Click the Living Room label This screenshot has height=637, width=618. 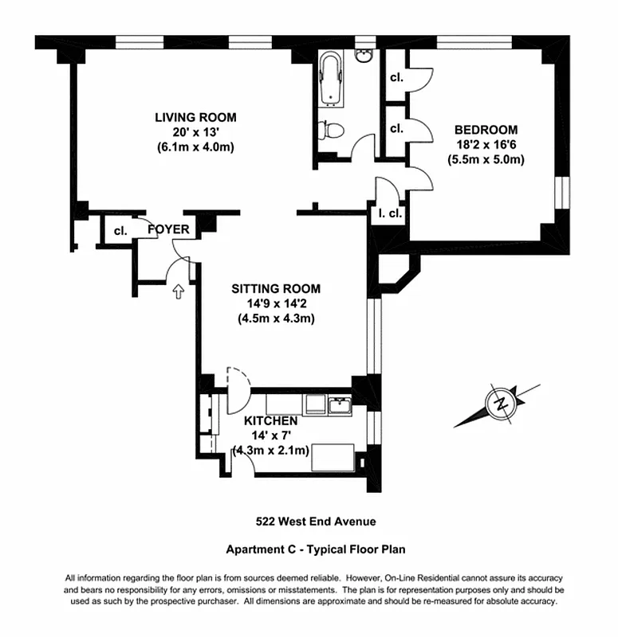pyautogui.click(x=195, y=118)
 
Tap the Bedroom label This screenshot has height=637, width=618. pyautogui.click(x=486, y=130)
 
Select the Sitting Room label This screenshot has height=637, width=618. pyautogui.click(x=276, y=288)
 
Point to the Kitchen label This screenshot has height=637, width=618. pyautogui.click(x=271, y=420)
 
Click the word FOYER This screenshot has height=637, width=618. pyautogui.click(x=169, y=230)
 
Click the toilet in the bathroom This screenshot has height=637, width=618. pyautogui.click(x=329, y=129)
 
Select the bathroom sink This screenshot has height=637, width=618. pyautogui.click(x=364, y=55)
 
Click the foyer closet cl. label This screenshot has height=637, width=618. pyautogui.click(x=120, y=231)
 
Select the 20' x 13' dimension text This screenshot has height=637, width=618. pyautogui.click(x=195, y=132)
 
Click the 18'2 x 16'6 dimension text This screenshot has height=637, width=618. pyautogui.click(x=486, y=144)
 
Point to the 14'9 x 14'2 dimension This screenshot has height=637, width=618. pyautogui.click(x=276, y=303)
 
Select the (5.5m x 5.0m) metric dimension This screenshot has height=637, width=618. pyautogui.click(x=486, y=158)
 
